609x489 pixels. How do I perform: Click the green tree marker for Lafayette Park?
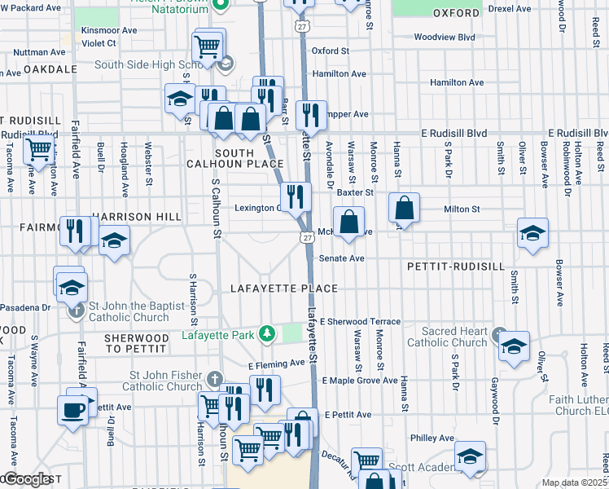pos(265,334)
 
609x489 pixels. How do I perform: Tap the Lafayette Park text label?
pos(217,334)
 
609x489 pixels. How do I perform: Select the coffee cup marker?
pos(72,408)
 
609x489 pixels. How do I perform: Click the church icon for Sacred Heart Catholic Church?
pos(499,333)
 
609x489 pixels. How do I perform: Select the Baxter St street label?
pos(355,193)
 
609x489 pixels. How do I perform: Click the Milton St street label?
pos(462,209)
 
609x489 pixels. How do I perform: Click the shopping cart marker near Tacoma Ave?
pos(38,150)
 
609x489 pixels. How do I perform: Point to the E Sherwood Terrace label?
pos(360,322)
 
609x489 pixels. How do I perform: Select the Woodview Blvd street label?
pos(444,37)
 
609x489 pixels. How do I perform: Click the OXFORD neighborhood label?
pos(456,14)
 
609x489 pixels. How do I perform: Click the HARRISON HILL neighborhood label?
pos(136,217)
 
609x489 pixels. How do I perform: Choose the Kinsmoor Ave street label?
pos(108,30)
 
